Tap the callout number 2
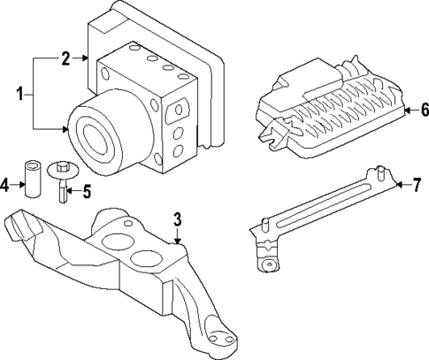(x=65, y=59)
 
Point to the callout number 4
(x=5, y=186)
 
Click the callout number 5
(x=87, y=189)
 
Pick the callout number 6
(x=424, y=111)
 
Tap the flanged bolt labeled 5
(x=65, y=181)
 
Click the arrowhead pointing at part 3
(x=177, y=239)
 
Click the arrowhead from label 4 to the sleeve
(x=23, y=186)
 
